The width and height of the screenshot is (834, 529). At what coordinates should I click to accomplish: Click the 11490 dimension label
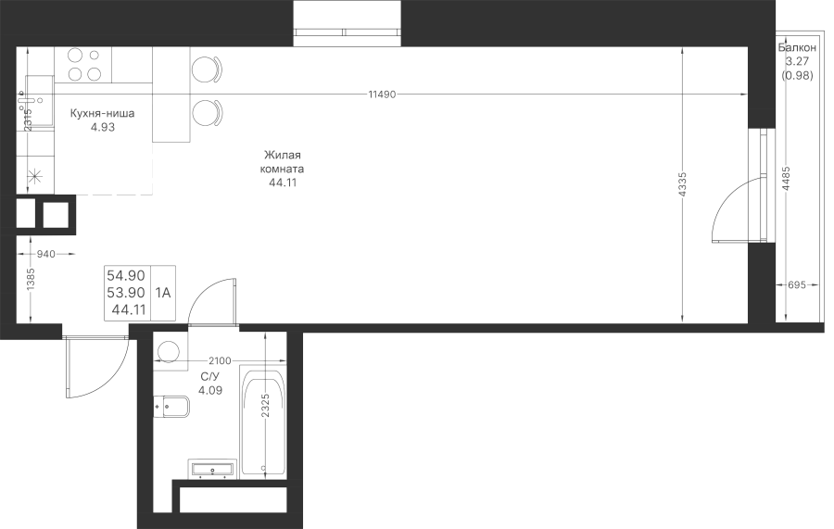(x=382, y=94)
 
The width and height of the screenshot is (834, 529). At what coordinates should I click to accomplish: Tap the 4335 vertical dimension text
(x=683, y=184)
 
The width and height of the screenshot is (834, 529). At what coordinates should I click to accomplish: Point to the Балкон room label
(x=797, y=48)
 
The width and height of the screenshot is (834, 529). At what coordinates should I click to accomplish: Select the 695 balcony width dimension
(x=796, y=285)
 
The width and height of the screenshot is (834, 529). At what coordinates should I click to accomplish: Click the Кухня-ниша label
(x=102, y=113)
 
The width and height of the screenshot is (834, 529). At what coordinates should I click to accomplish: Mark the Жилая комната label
(x=283, y=162)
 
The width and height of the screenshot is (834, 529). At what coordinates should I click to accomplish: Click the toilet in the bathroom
(x=171, y=408)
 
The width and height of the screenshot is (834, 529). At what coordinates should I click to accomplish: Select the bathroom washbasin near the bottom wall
(x=211, y=469)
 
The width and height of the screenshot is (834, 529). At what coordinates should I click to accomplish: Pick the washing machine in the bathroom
(x=171, y=351)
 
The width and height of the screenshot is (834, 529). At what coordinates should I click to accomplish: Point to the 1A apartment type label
(x=163, y=293)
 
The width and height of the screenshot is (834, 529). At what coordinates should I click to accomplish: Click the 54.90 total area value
(x=126, y=275)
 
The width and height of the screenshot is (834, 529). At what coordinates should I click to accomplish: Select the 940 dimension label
(x=45, y=254)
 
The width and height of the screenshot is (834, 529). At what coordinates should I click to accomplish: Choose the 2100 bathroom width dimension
(x=221, y=361)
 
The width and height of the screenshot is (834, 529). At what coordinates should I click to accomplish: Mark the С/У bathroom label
(x=210, y=377)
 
